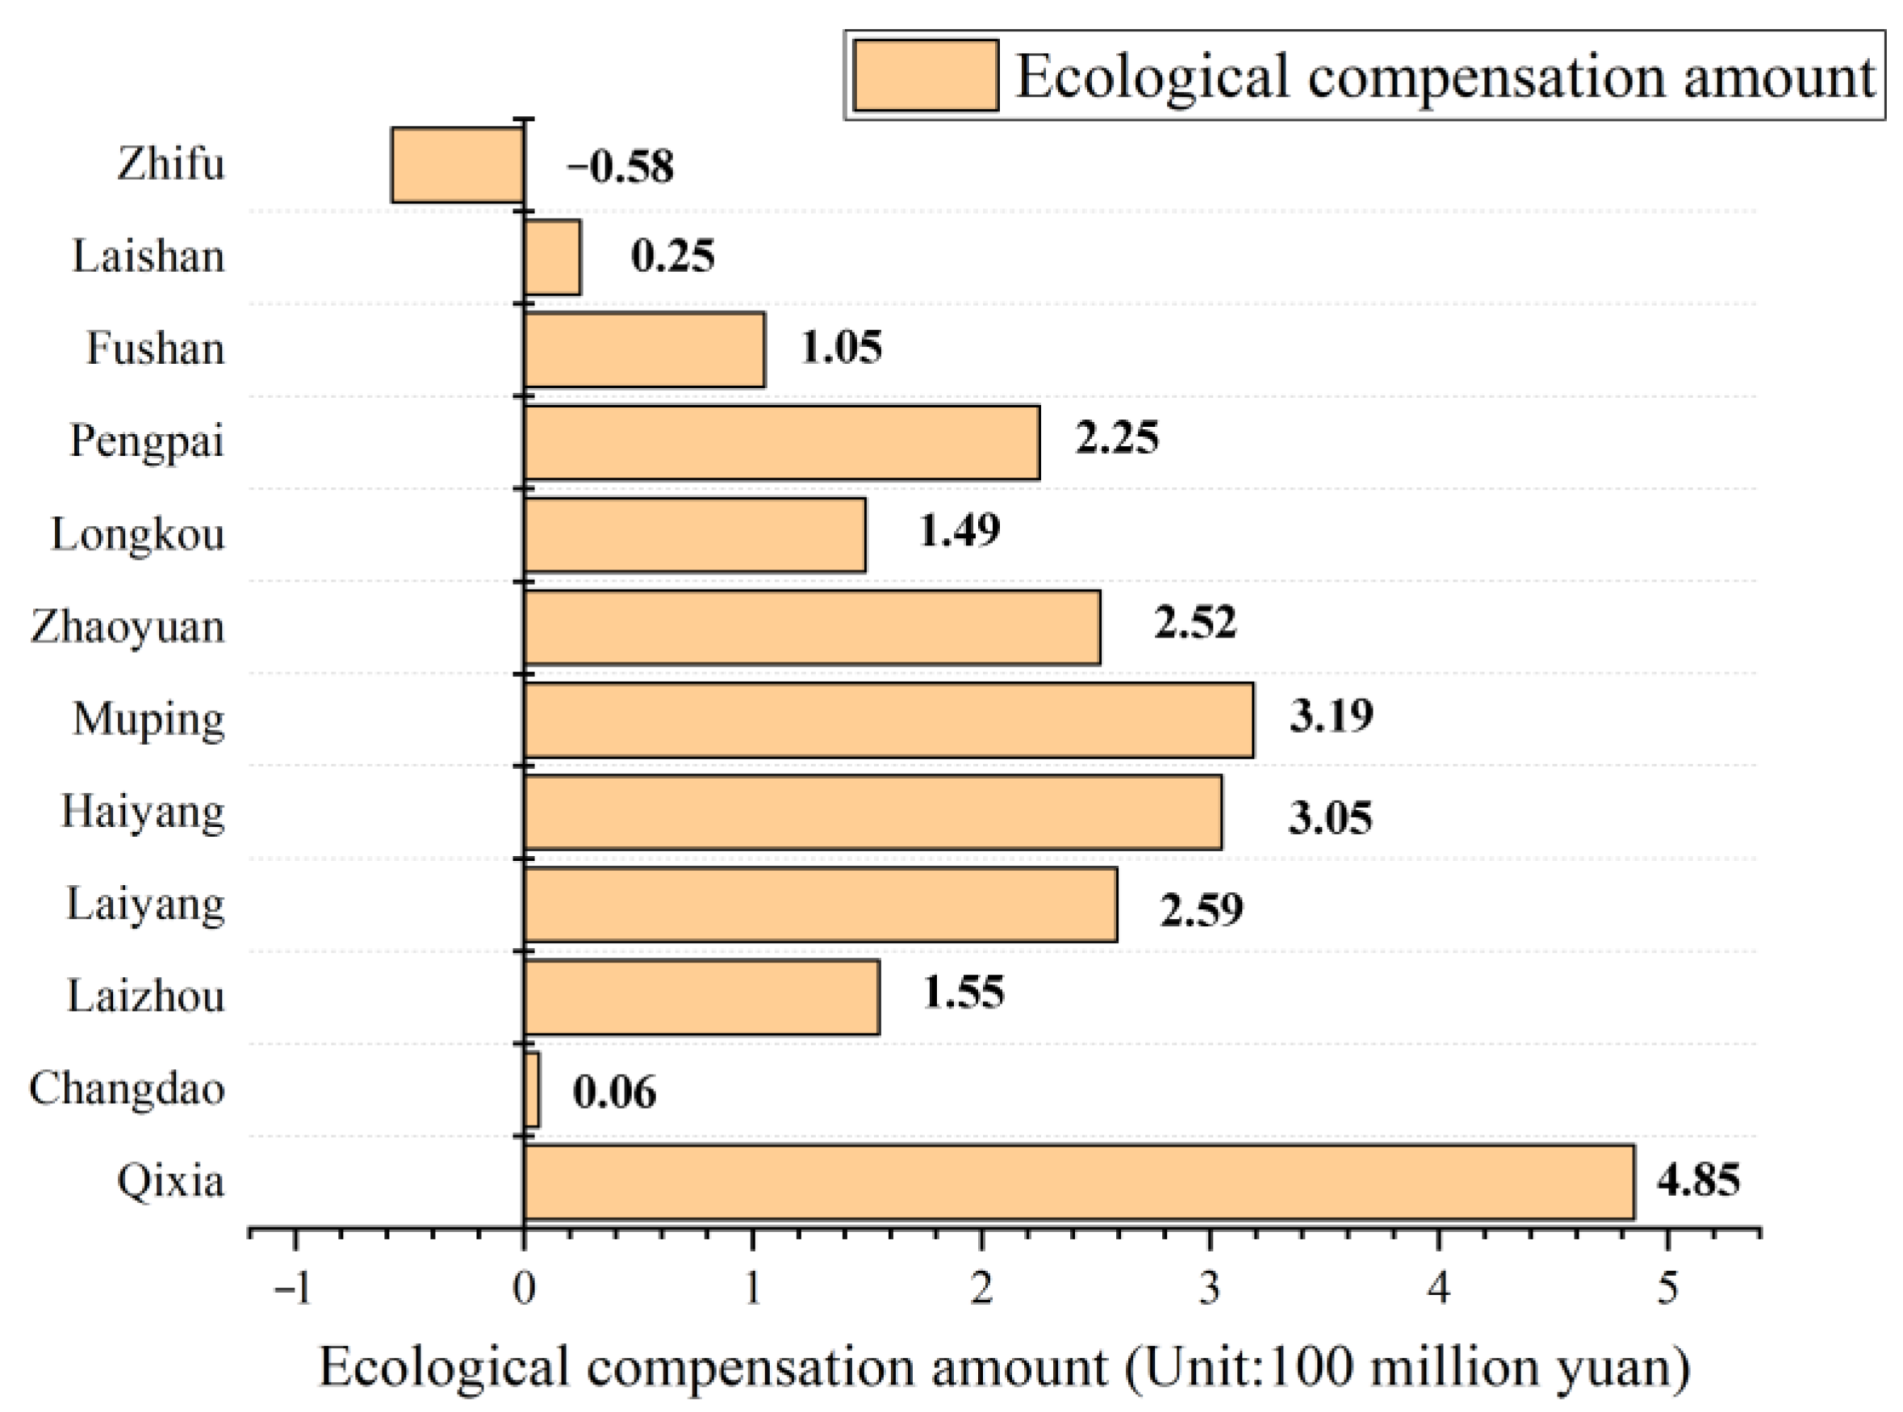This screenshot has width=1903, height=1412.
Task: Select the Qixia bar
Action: (x=1078, y=1182)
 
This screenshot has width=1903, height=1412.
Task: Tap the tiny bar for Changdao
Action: (x=532, y=1090)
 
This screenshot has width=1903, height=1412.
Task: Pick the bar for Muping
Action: (x=889, y=720)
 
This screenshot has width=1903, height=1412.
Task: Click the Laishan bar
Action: (x=552, y=257)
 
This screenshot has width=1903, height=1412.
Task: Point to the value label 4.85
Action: (x=1698, y=1180)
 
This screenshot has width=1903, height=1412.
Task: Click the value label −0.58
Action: (x=621, y=166)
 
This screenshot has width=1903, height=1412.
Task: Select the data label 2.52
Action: (x=1194, y=622)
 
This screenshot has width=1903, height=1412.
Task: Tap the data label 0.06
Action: (x=614, y=1092)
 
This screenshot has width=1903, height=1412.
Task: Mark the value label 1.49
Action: (x=958, y=530)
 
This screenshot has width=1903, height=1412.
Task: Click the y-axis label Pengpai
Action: (x=146, y=442)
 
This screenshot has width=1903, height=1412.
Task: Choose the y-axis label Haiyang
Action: (x=143, y=811)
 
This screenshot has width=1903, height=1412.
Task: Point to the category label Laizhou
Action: (x=145, y=996)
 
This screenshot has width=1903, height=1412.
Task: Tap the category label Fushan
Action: (x=155, y=349)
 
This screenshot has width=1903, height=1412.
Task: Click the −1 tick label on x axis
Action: (x=292, y=1288)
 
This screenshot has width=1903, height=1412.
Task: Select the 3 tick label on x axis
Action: (x=1209, y=1288)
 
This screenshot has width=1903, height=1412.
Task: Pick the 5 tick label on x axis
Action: (x=1667, y=1288)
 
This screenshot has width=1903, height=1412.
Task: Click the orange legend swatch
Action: (x=925, y=75)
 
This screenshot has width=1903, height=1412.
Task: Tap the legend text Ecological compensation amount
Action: (x=1445, y=77)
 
